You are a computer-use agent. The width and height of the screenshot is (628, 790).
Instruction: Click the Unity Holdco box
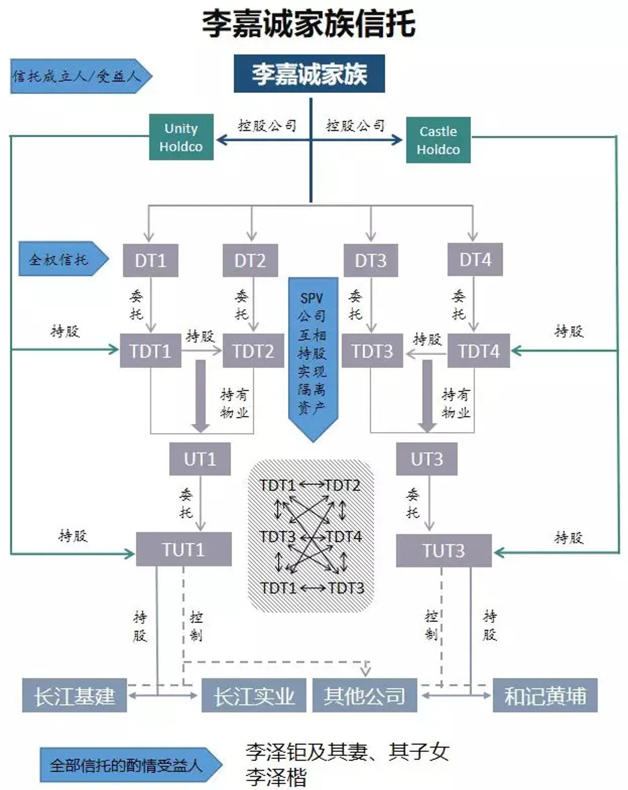[x=181, y=137]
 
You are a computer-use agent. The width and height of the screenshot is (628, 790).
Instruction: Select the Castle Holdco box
[x=438, y=140]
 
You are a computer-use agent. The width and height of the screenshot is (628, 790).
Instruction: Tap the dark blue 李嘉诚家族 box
[x=309, y=74]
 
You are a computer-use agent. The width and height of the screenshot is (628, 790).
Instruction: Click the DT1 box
[x=150, y=260]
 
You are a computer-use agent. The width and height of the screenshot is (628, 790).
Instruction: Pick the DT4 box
[x=475, y=259]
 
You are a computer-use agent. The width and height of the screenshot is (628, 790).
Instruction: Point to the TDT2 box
[x=253, y=351]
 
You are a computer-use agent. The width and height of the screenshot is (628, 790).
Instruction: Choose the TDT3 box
[x=372, y=351]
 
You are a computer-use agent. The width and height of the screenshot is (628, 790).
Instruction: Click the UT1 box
[x=200, y=459]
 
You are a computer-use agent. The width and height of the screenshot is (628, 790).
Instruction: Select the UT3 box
[x=427, y=459]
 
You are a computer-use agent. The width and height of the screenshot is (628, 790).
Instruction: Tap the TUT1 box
[x=184, y=549]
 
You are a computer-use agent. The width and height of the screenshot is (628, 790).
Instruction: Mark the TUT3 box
[x=444, y=550]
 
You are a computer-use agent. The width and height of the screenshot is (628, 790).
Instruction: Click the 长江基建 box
[x=74, y=695]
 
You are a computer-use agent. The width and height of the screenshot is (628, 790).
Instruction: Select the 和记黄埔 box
[x=545, y=695]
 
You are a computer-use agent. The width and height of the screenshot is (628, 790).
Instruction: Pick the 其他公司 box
[x=365, y=695]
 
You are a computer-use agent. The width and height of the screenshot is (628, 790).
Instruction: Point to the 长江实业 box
[x=254, y=695]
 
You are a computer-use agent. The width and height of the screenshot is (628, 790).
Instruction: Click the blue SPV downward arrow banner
[x=313, y=353]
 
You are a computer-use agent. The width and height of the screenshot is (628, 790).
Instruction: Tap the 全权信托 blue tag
[x=59, y=259]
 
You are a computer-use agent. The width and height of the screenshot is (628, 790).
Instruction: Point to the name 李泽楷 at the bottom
[x=276, y=777]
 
